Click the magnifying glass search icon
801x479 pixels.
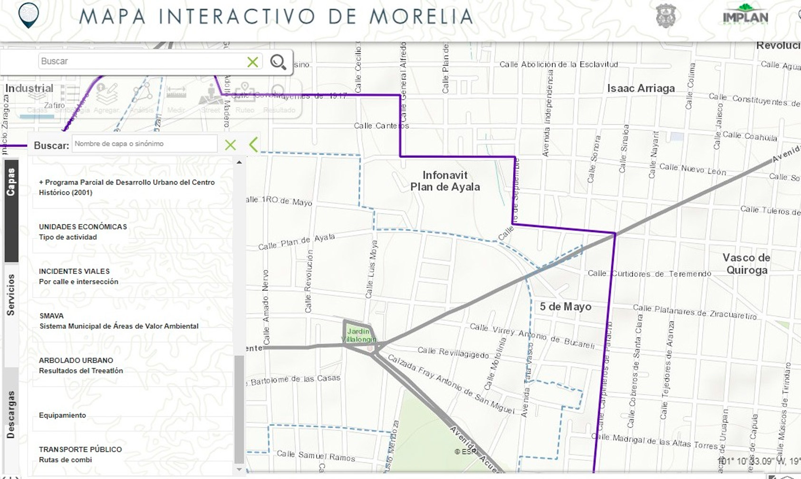pyautogui.click(x=278, y=62)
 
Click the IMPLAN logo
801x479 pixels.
pyautogui.click(x=745, y=15)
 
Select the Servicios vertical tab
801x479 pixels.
pyautogui.click(x=11, y=295)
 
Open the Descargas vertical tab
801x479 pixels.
pyautogui.click(x=11, y=414)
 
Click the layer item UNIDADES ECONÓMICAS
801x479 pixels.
pyautogui.click(x=83, y=232)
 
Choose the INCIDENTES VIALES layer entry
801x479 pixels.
pyautogui.click(x=78, y=276)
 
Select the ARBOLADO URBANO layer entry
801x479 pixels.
pyautogui.click(x=81, y=365)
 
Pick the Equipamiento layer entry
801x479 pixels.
pyautogui.click(x=62, y=415)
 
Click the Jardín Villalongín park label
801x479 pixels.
pyautogui.click(x=358, y=335)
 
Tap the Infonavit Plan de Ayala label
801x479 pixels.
pyautogui.click(x=445, y=181)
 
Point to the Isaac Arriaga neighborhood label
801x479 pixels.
pyautogui.click(x=641, y=88)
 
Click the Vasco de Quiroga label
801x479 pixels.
pyautogui.click(x=746, y=264)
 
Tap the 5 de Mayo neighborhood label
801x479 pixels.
pyautogui.click(x=565, y=307)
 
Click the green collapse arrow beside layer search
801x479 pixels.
pyautogui.click(x=253, y=145)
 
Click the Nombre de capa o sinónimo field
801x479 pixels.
pyautogui.click(x=144, y=144)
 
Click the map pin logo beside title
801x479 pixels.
pyautogui.click(x=29, y=15)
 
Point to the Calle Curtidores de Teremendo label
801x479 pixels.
pyautogui.click(x=649, y=274)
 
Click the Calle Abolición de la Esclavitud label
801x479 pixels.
pyautogui.click(x=559, y=64)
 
